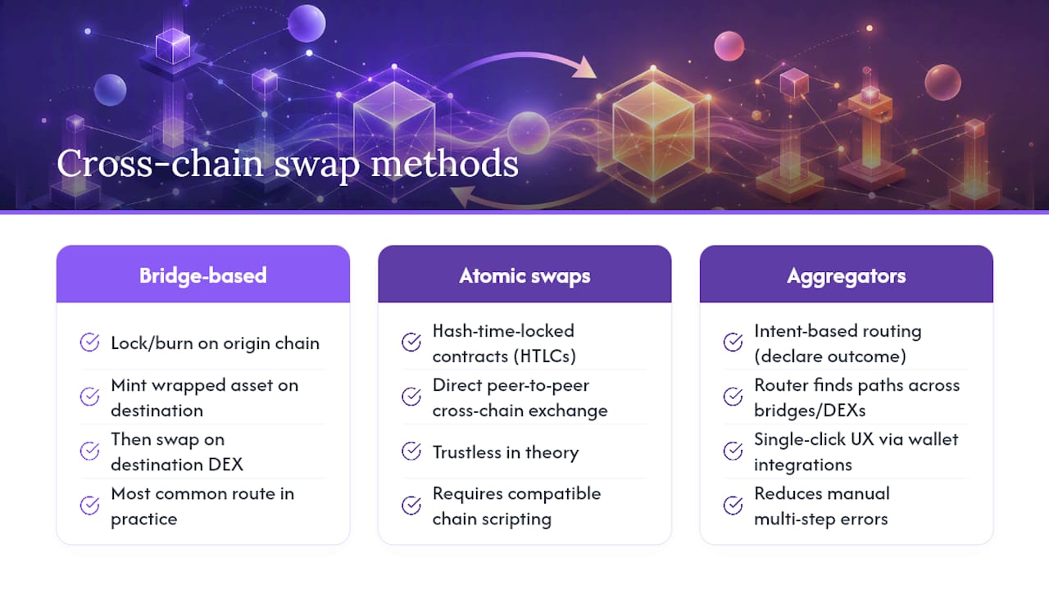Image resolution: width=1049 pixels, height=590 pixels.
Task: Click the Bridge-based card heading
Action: click(202, 275)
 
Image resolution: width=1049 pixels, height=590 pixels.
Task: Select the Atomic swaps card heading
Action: click(524, 276)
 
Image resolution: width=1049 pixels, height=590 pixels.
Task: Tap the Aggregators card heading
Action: click(847, 276)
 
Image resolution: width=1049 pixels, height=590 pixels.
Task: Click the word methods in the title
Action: click(444, 163)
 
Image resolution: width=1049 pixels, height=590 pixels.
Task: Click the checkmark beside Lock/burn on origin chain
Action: click(89, 343)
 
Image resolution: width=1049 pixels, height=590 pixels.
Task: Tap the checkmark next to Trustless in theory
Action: click(411, 451)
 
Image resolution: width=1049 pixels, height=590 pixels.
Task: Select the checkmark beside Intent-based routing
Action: click(733, 342)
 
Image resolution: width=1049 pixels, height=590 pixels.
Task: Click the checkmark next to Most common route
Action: click(89, 506)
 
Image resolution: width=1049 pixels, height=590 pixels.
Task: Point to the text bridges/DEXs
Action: click(810, 411)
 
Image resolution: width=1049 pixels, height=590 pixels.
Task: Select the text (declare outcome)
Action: click(830, 356)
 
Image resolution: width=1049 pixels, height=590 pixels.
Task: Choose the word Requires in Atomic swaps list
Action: click(467, 494)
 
